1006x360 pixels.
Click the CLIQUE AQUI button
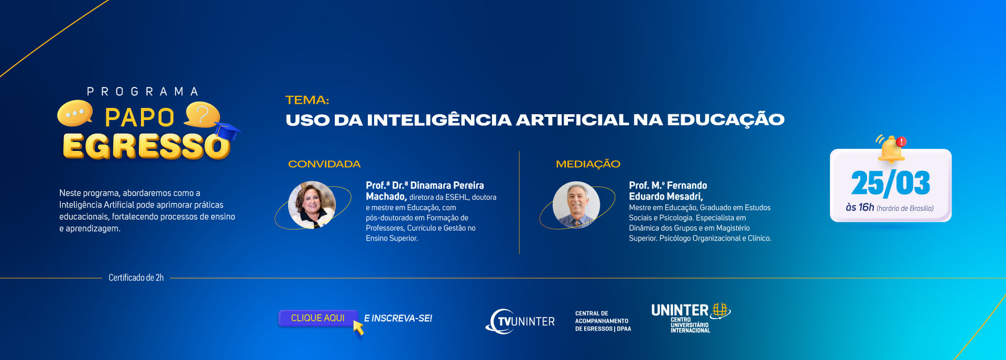pyautogui.click(x=318, y=318)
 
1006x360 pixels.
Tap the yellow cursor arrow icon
pyautogui.click(x=359, y=328)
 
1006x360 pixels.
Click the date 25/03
pyautogui.click(x=891, y=183)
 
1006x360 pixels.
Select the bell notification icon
pyautogui.click(x=891, y=148)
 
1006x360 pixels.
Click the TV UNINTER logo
pyautogui.click(x=520, y=321)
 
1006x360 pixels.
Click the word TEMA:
pyautogui.click(x=307, y=100)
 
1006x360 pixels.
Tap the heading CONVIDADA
pyautogui.click(x=324, y=164)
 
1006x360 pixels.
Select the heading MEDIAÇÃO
pyautogui.click(x=588, y=164)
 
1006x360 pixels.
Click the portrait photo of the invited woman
pyautogui.click(x=312, y=205)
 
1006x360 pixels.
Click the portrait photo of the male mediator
pyautogui.click(x=576, y=205)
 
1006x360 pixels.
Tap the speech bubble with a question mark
pyautogui.click(x=202, y=115)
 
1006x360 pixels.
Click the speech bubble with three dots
pyautogui.click(x=75, y=113)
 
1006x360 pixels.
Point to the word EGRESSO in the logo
pyautogui.click(x=146, y=146)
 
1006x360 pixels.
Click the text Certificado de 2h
pyautogui.click(x=136, y=278)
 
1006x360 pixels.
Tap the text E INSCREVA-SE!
pyautogui.click(x=398, y=318)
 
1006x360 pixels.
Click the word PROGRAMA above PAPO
pyautogui.click(x=143, y=92)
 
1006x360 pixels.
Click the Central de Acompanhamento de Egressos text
pyautogui.click(x=603, y=321)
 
